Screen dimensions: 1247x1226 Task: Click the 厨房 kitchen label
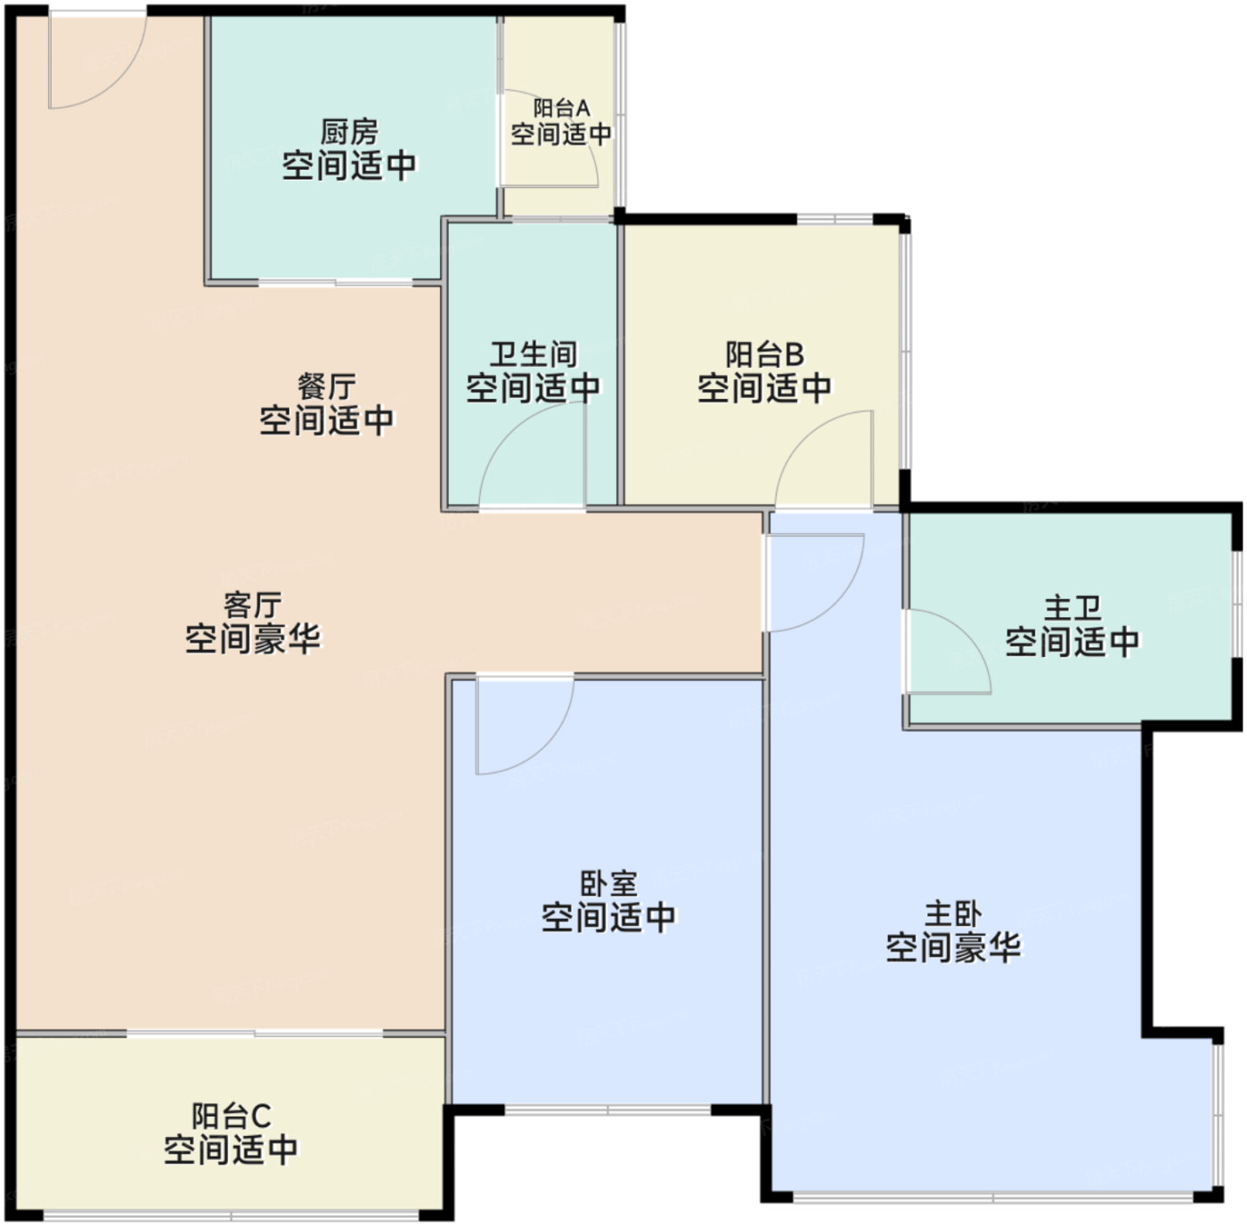[x=349, y=133]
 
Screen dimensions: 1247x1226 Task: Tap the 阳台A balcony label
[x=562, y=108]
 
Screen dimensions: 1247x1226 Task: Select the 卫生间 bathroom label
[x=534, y=354]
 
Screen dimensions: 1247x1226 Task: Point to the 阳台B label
[x=764, y=354]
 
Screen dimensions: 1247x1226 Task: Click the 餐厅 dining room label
[x=327, y=387]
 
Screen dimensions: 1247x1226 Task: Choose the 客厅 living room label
[x=252, y=605]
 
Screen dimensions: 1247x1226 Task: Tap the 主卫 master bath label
[x=1072, y=608]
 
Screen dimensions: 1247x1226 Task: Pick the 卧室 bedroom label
[x=608, y=884]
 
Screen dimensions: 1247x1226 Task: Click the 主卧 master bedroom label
[x=953, y=914]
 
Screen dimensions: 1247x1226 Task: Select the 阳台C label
[x=231, y=1116]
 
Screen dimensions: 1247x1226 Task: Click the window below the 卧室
[x=607, y=1110]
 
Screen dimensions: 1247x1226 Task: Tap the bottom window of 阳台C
[x=231, y=1214]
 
